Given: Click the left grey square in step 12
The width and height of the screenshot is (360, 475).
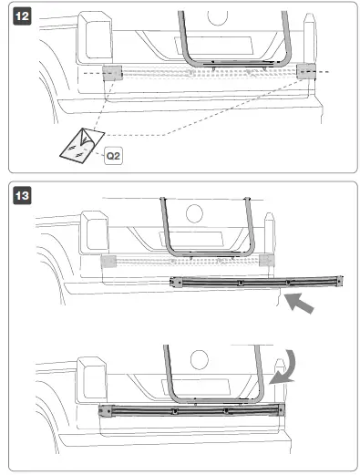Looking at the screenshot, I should [112, 74].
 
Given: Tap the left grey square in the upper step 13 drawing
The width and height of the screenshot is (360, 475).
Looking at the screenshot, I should [108, 262].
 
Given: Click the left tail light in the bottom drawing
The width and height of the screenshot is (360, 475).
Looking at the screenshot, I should [90, 376].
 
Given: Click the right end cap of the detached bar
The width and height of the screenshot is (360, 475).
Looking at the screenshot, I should [339, 281].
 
